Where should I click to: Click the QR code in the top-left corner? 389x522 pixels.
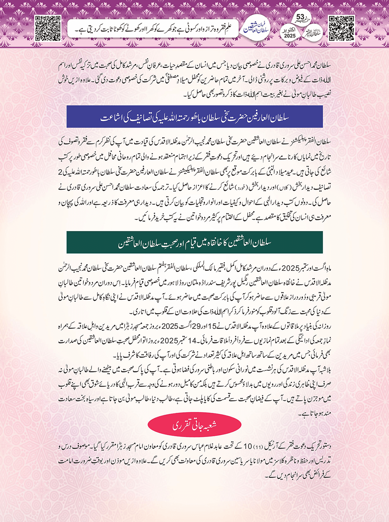(47, 28)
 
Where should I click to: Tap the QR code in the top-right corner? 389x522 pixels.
(341, 28)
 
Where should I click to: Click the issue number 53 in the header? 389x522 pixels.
(300, 17)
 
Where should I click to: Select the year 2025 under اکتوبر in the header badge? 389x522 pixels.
(290, 36)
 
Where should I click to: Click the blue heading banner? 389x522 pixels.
(194, 117)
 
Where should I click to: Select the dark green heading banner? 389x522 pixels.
(194, 242)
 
